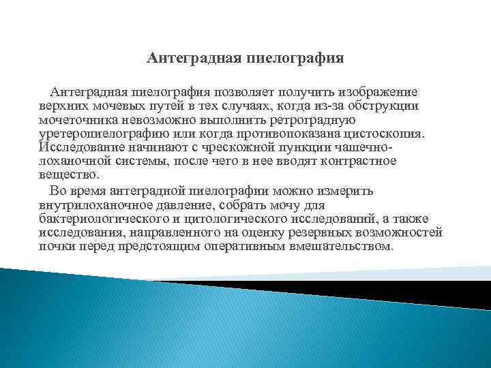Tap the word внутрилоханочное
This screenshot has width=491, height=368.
96,204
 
